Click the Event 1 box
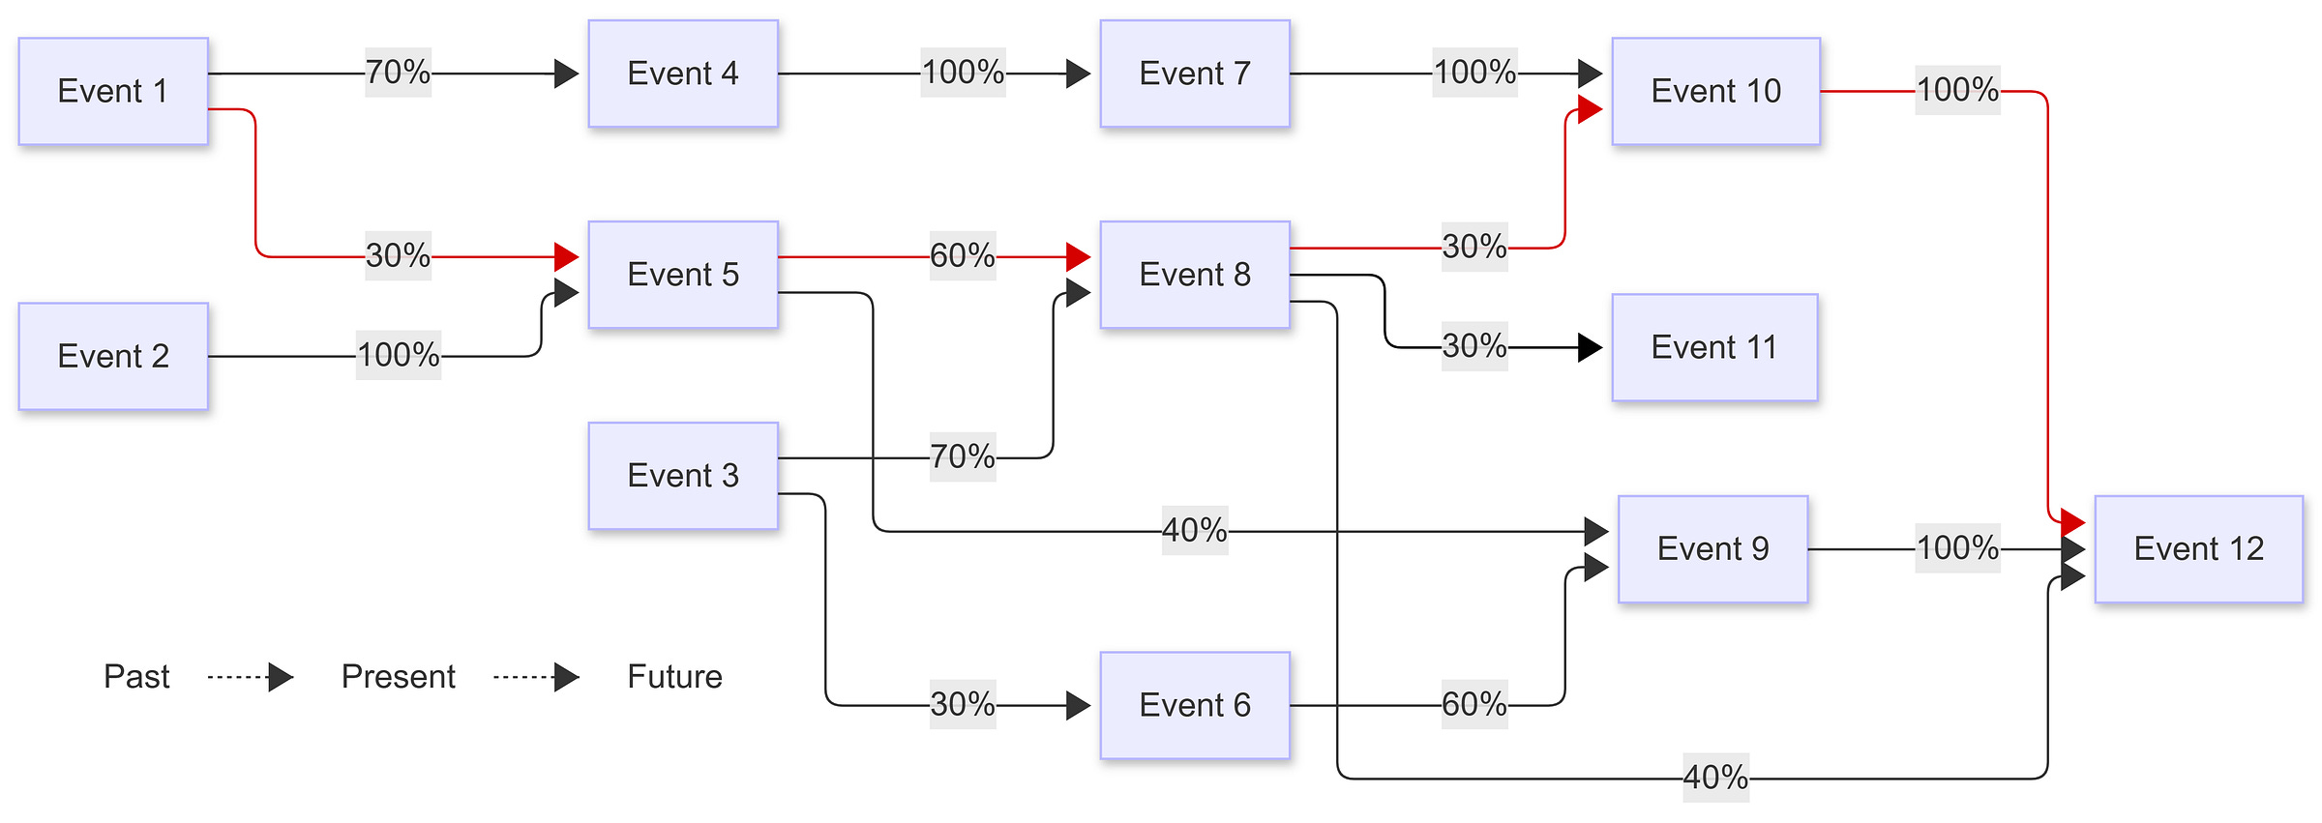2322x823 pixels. pos(113,91)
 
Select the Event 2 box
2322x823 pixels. pos(113,356)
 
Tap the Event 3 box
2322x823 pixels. pos(683,476)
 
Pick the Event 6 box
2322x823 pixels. pos(1195,705)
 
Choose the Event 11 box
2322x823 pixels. pos(1714,347)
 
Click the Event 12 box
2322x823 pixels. pos(2198,549)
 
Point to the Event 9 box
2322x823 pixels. pos(1712,549)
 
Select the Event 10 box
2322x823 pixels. pos(1715,91)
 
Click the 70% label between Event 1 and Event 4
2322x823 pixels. pos(398,73)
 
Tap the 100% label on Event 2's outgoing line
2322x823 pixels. pos(399,355)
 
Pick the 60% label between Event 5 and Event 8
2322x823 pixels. pos(963,256)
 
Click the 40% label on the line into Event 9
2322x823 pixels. pos(1195,531)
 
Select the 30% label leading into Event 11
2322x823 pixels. pos(1474,346)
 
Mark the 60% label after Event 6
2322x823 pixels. pos(1474,704)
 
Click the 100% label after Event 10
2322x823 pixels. pos(1957,91)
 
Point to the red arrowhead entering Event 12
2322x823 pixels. pos(2073,523)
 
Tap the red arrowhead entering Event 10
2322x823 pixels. pos(1591,109)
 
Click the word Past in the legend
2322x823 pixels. pos(136,677)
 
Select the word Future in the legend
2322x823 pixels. pos(674,677)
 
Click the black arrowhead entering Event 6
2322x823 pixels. pos(1079,705)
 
